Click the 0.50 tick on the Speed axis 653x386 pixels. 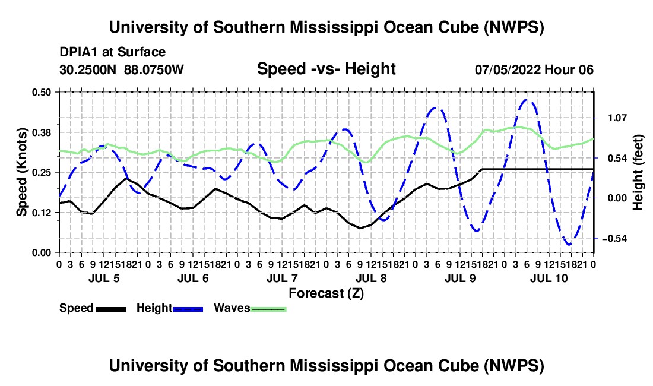coord(42,92)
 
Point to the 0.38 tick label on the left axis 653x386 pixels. coord(42,132)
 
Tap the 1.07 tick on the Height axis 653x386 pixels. coord(617,118)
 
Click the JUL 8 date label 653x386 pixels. coord(371,278)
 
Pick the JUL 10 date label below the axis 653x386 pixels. coord(549,278)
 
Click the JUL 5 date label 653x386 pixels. coord(104,278)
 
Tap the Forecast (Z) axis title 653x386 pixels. coord(326,293)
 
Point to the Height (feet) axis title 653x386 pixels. coord(638,172)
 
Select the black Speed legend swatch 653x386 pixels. coord(111,309)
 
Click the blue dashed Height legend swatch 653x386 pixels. coord(188,309)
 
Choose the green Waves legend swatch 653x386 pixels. coord(268,309)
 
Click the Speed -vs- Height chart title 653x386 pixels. coord(326,69)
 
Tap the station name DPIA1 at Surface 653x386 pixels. coord(112,52)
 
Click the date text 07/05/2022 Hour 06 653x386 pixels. coord(534,69)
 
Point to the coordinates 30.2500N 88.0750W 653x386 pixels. coord(122,69)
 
